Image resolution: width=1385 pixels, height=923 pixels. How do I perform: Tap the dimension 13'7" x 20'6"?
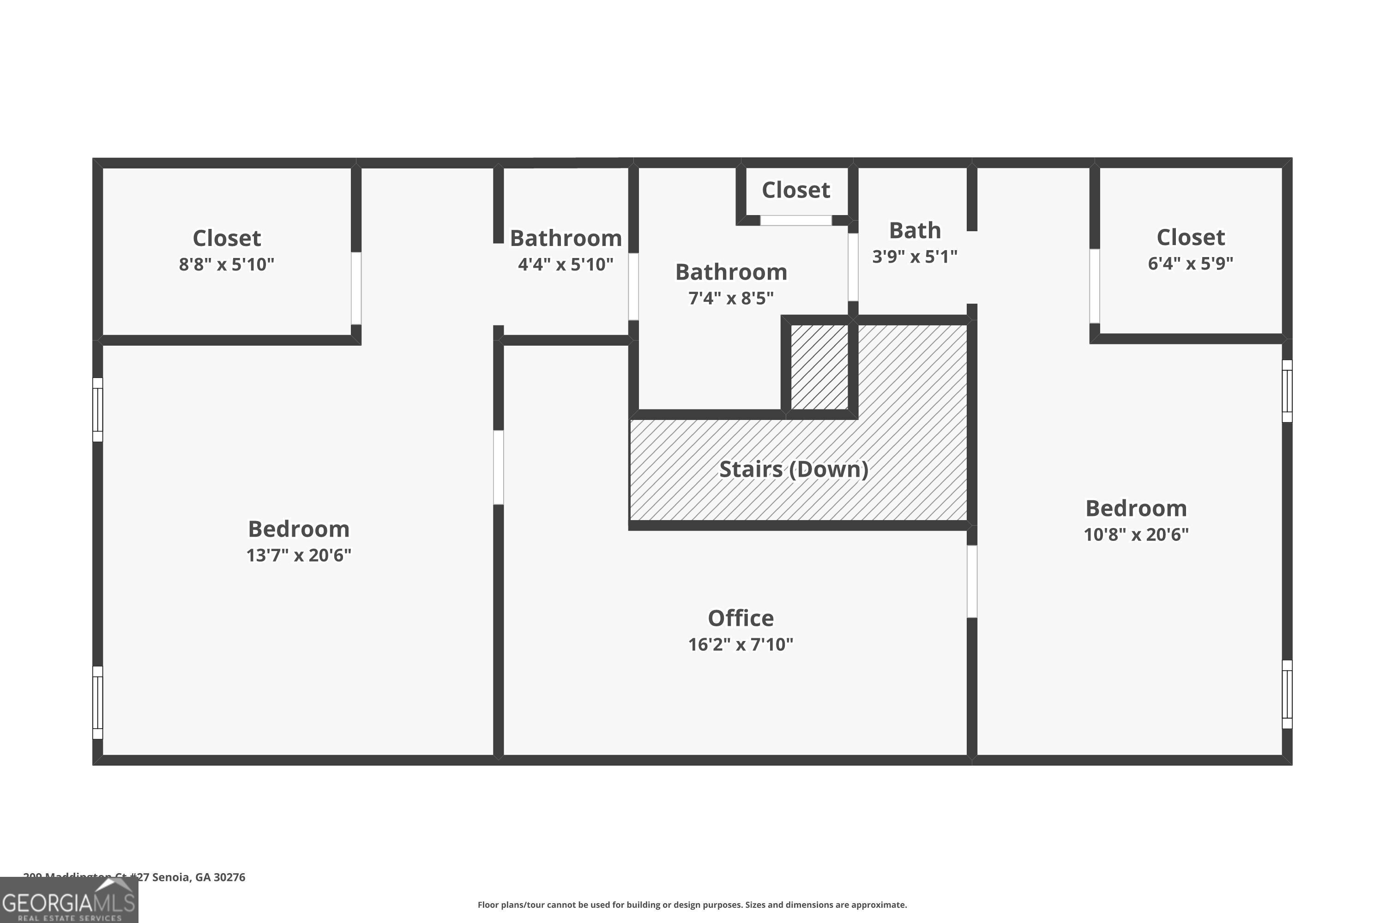[x=299, y=555]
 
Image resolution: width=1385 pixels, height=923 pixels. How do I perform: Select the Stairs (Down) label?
[x=793, y=469]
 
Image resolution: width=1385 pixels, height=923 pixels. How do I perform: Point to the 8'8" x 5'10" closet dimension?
[x=227, y=264]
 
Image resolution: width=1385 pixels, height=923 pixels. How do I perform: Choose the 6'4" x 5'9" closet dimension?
[x=1190, y=263]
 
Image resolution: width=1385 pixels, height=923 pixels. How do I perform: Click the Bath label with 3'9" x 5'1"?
[x=915, y=231]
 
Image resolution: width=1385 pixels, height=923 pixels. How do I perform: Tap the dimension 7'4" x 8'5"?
[x=731, y=299]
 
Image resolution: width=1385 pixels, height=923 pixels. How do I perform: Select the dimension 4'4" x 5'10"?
[x=565, y=264]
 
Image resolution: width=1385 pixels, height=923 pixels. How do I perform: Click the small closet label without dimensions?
[x=795, y=190]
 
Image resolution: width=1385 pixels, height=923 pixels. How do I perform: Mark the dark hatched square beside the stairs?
[x=819, y=367]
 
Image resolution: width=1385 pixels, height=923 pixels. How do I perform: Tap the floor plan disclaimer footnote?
[x=692, y=905]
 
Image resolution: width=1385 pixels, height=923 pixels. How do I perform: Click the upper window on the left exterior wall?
[x=98, y=409]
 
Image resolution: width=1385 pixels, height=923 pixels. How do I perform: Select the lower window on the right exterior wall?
[x=1287, y=694]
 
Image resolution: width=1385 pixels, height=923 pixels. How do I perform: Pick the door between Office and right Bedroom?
[x=972, y=581]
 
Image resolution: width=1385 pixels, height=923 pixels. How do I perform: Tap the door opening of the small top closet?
[x=795, y=220]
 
